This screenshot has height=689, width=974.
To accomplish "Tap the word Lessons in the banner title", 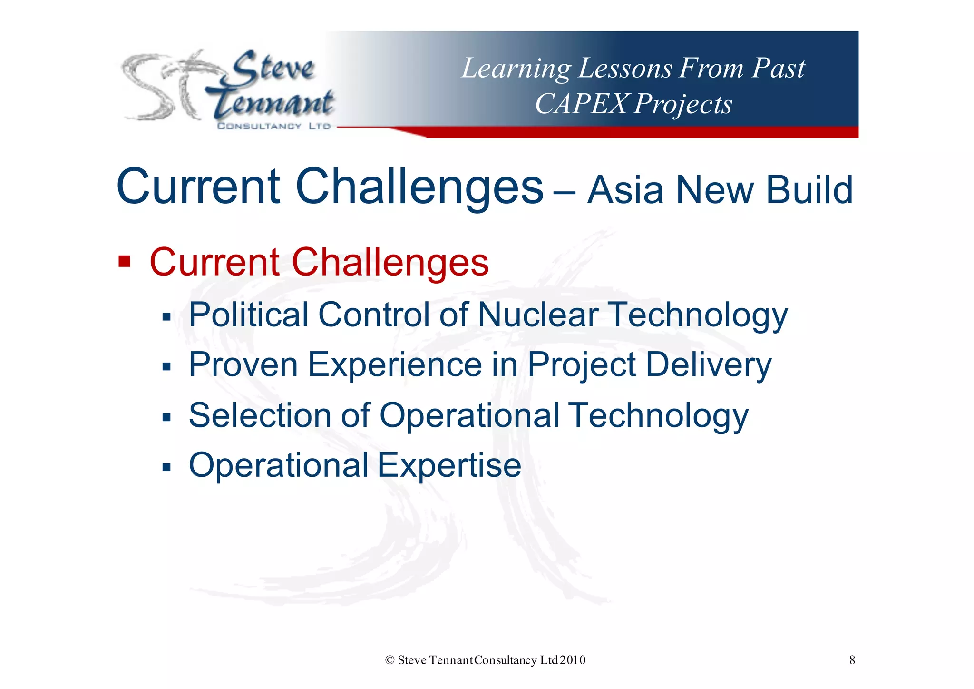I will coord(625,68).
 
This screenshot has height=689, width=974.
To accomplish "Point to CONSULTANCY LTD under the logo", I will coord(273,126).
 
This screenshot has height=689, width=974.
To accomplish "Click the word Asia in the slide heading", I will coord(625,190).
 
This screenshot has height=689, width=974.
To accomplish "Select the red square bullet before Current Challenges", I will coord(124,261).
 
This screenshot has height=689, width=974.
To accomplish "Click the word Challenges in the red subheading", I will coord(390,262).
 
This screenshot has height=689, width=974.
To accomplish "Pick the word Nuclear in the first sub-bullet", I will coord(538,315).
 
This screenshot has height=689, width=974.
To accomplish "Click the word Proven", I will coord(243,365).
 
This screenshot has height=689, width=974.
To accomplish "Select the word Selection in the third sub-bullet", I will coord(260,415).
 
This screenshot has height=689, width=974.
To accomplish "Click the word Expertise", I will coord(449,465).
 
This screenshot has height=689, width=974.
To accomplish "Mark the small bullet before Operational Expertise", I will coord(166,467).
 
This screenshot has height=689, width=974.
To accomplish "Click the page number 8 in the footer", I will coord(852,660).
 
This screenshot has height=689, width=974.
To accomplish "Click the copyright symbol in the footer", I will coord(390,660).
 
